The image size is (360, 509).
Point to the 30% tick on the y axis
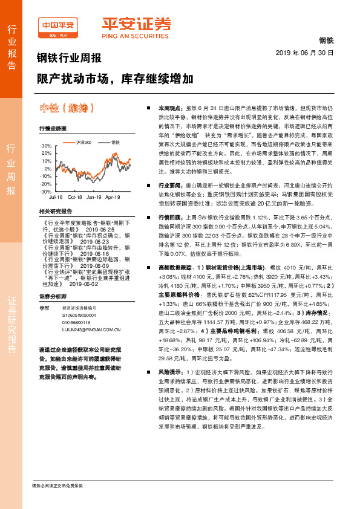(x=46, y=146)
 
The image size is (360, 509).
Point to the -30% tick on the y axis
(x=46, y=191)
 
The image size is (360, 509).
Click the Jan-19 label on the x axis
(x=94, y=197)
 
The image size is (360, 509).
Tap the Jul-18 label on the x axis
(x=56, y=197)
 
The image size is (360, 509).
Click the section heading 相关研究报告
(x=55, y=211)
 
